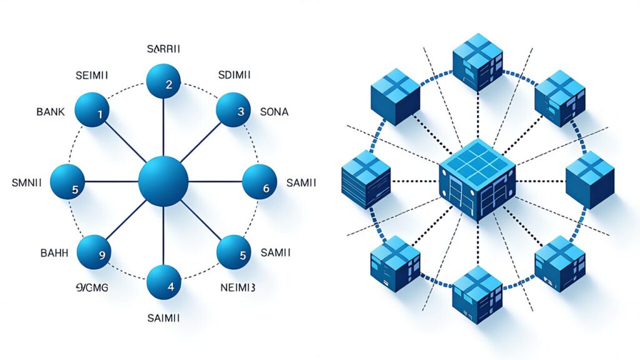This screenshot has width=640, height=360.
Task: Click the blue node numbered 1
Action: pos(92,110)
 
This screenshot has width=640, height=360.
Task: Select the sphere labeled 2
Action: pos(163,82)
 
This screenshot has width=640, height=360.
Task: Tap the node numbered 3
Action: pos(233,111)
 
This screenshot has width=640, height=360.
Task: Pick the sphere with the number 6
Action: pos(259,182)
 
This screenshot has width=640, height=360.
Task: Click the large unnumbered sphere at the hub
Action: pos(163,182)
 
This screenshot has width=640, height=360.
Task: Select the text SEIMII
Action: pos(91,74)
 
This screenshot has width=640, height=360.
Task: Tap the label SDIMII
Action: pos(234,74)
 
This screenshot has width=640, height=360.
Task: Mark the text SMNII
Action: pos(27,183)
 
